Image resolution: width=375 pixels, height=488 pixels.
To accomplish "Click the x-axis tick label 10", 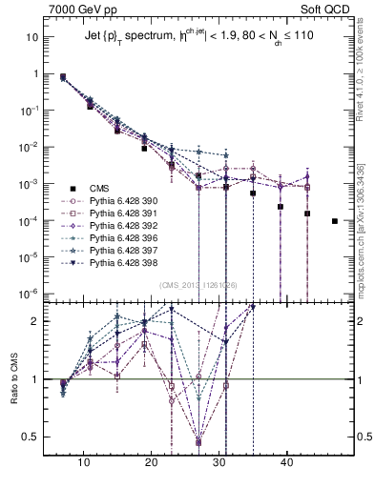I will [x=84, y=462].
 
